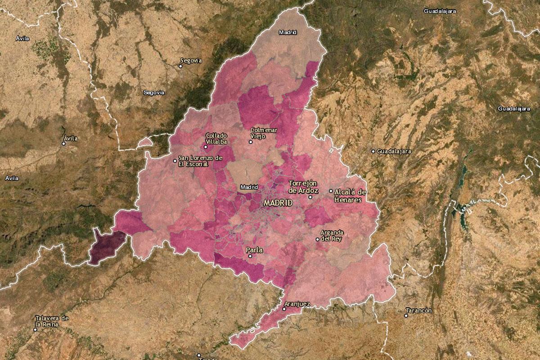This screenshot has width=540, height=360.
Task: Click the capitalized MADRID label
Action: click(278, 203)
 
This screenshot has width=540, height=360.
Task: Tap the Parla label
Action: click(254, 249)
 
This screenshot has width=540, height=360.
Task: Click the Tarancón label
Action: click(418, 310)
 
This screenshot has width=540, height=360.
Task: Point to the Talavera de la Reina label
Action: click(52, 321)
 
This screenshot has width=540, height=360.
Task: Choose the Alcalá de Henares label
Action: click(350, 196)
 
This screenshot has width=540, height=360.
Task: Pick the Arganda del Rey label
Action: click(332, 235)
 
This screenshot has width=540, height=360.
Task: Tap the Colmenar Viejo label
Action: click(264, 133)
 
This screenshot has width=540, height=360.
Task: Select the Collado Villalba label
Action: click(216, 138)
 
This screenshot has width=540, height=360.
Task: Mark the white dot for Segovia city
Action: click(181, 66)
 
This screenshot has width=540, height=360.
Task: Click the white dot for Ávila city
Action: click(64, 144)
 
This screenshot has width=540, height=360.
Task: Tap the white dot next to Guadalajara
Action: click(373, 151)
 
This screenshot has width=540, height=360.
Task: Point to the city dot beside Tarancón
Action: click(406, 315)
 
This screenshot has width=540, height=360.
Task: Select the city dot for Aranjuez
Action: click(284, 309)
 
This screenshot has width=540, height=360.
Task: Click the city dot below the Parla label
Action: click(250, 256)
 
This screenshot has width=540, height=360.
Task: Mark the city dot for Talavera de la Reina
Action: click(35, 329)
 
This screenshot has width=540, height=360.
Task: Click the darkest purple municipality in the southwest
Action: click(106, 247)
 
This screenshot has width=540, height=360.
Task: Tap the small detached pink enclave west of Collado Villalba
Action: click(144, 142)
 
